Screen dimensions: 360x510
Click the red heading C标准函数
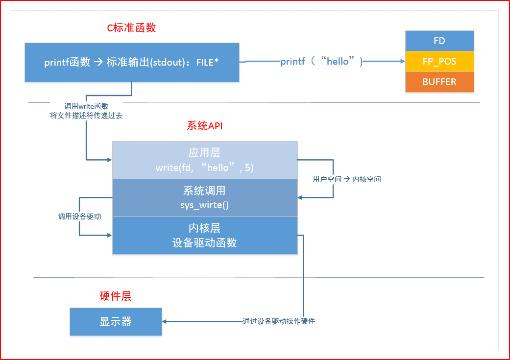coord(131,28)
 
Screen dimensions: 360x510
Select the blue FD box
coord(439,41)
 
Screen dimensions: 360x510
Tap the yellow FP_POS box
coord(439,62)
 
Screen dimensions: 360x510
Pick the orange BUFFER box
coord(439,82)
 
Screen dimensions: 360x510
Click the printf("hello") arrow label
coord(321,62)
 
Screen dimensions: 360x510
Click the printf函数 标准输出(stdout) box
coord(132,62)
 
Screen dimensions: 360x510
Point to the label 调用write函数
coord(86,106)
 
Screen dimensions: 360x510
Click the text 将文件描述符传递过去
coord(86,116)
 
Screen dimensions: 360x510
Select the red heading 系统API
coord(205,126)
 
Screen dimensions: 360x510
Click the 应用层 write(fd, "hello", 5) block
coord(205,160)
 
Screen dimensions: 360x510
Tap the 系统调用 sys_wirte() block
coord(205,198)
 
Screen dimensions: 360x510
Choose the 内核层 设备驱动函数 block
coord(205,235)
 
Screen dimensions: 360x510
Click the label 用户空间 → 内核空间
coord(347,179)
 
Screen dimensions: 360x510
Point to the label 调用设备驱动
coord(79,216)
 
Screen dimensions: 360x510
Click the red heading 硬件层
coord(116,296)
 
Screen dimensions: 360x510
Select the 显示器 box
coord(116,322)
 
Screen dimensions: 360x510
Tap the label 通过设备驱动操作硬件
coord(279,322)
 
